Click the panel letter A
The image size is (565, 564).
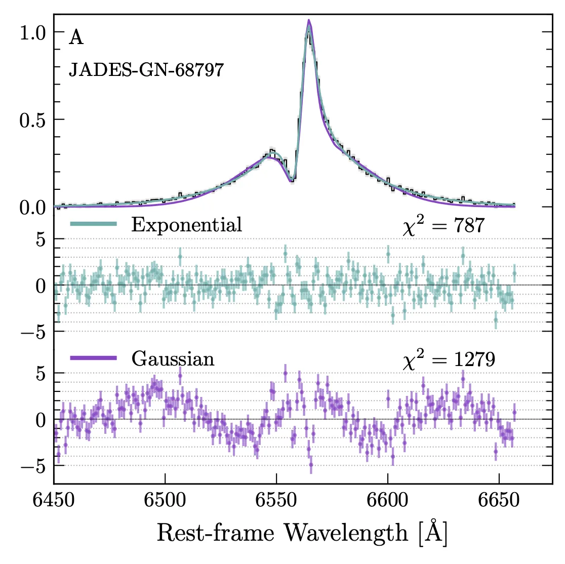[76, 38]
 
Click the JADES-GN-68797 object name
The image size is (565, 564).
[146, 69]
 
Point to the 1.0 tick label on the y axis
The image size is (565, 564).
[33, 32]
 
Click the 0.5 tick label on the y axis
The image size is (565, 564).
[33, 119]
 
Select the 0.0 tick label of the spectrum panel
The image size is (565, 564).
[33, 207]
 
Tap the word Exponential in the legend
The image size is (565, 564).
[186, 224]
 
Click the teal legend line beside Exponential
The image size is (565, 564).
[94, 224]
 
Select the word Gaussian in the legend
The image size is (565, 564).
[173, 359]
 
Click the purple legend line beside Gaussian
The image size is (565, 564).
[94, 358]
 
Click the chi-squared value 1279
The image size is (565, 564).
[474, 360]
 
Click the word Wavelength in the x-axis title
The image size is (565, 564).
[345, 533]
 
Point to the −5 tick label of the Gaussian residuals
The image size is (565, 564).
[33, 466]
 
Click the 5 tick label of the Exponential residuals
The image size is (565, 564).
[41, 239]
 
